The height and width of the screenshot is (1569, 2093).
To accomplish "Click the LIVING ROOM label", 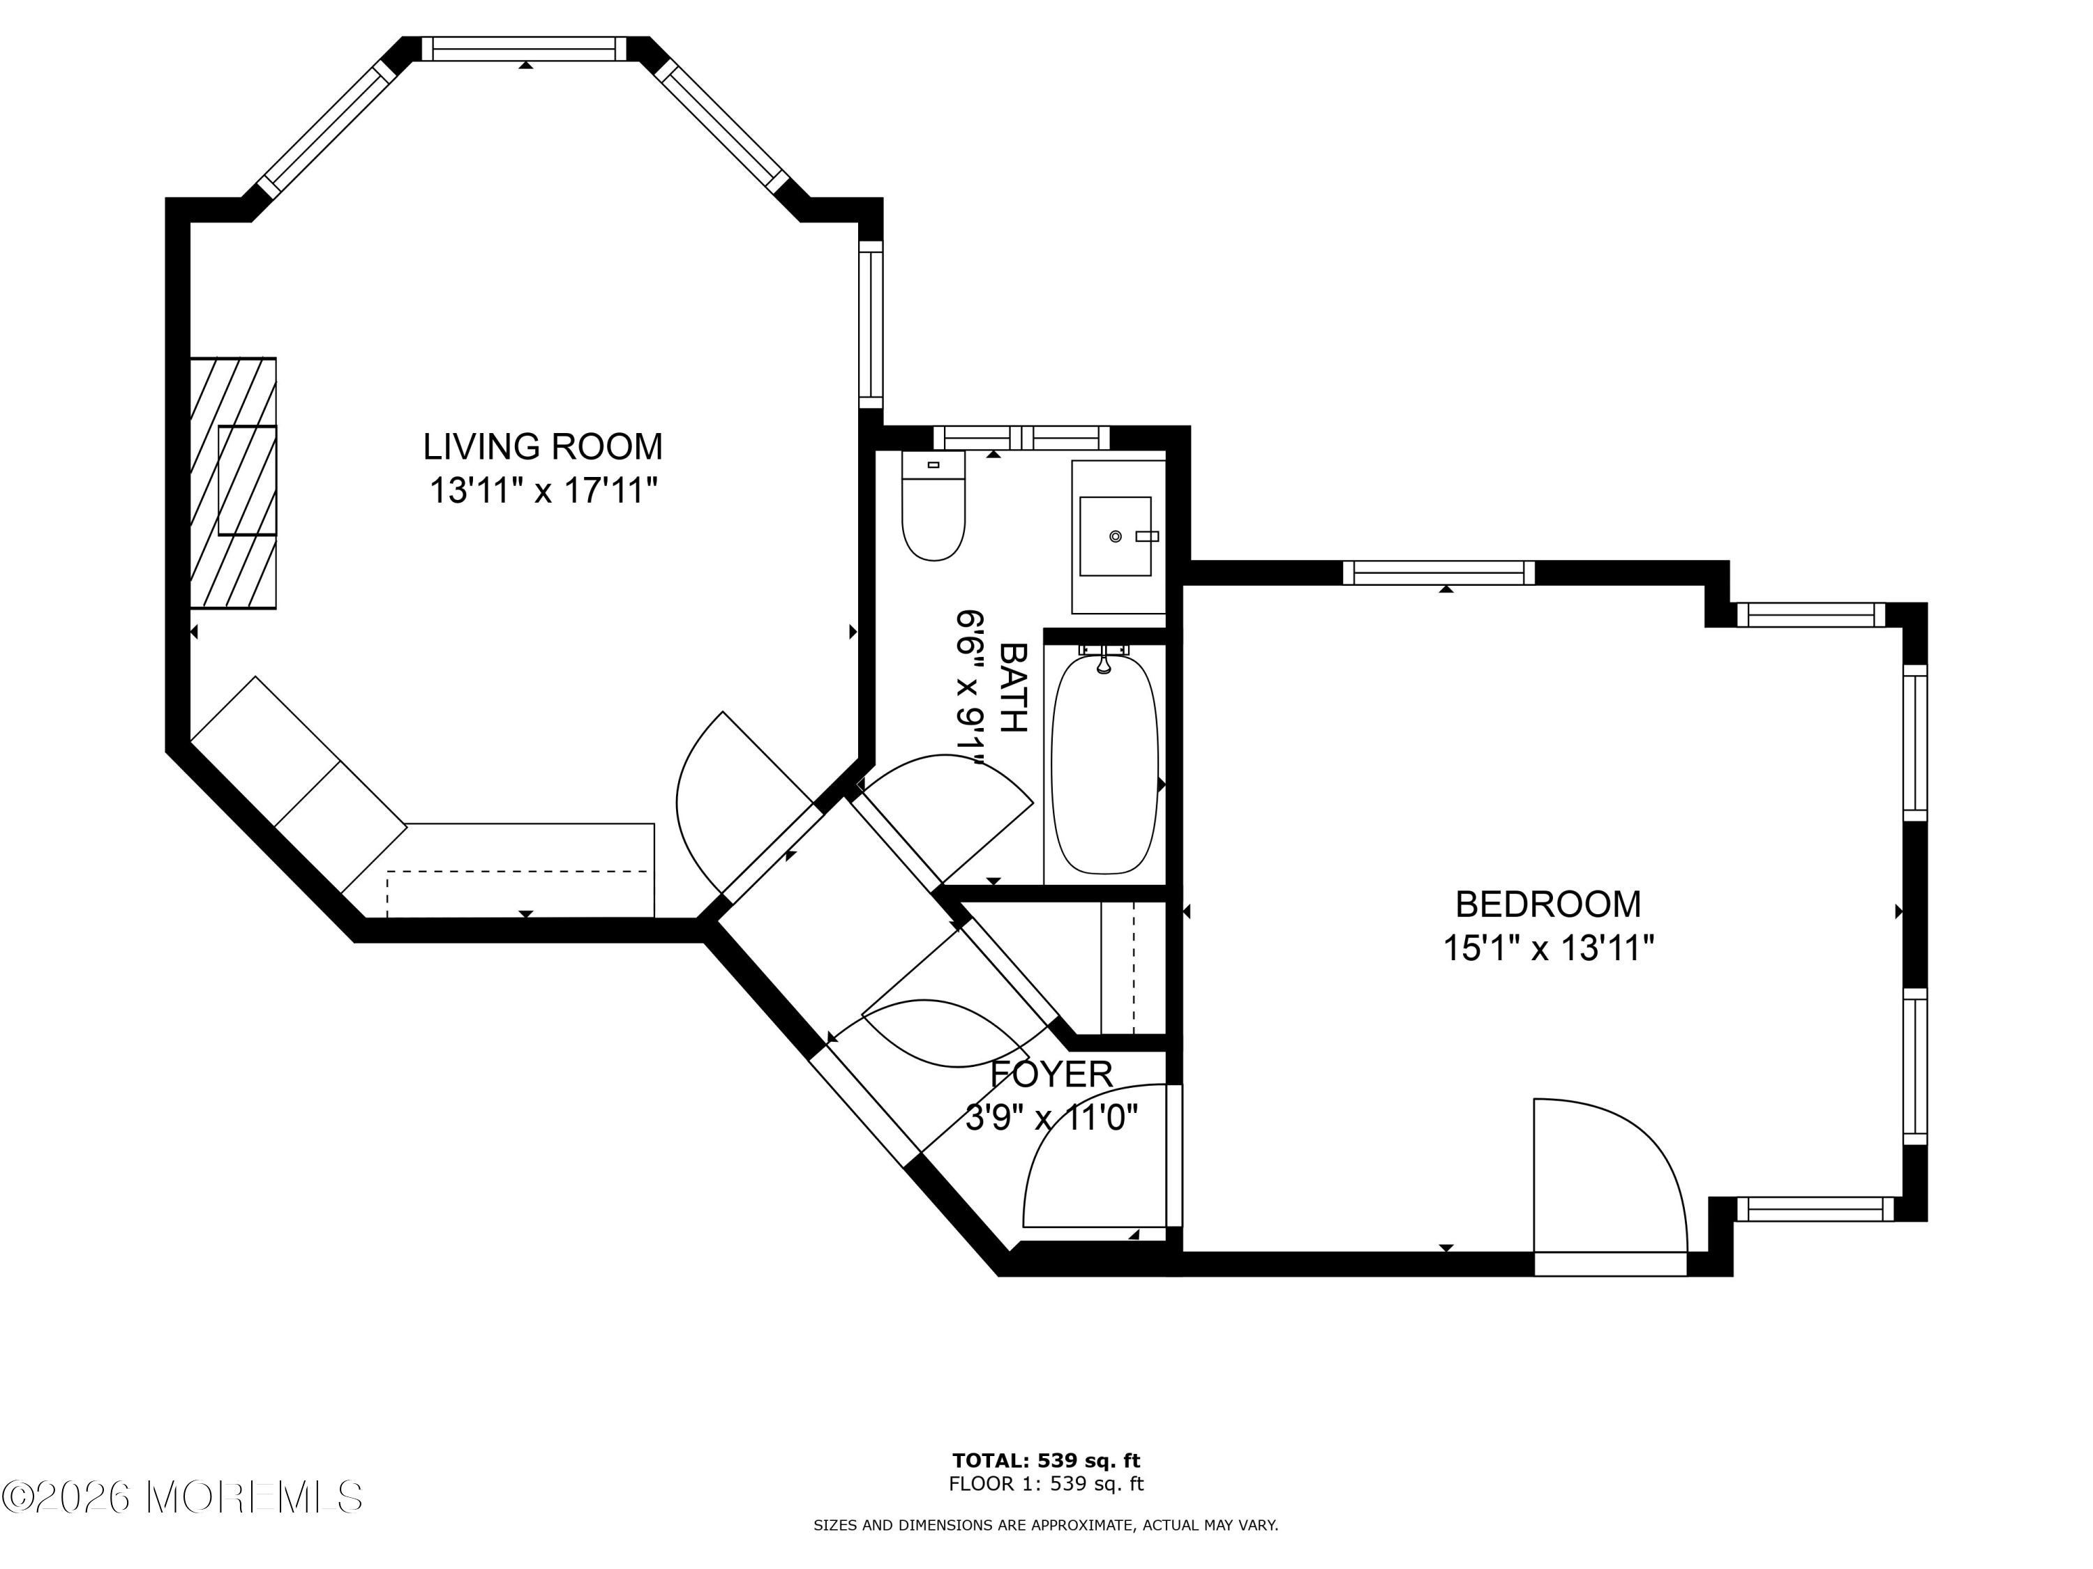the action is coord(542,446).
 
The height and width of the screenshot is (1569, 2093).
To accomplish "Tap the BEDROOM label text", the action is coord(1548,905).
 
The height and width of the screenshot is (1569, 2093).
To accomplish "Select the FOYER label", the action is coord(1051,1075).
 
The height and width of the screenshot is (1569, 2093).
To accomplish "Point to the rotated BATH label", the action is coord(1014,688).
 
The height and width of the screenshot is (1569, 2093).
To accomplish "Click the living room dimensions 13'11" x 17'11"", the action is coord(543,491).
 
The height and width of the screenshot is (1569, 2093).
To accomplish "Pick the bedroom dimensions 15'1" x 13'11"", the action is coord(1548,948).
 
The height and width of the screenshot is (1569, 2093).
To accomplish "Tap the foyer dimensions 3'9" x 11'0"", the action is coord(1051,1119).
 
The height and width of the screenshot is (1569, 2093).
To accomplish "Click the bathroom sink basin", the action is coord(1116,536).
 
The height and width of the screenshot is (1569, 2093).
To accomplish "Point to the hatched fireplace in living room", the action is coord(233,483).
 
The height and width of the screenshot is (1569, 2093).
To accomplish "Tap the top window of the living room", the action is coord(524,50).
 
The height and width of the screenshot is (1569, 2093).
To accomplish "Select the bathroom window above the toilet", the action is coord(1021,438).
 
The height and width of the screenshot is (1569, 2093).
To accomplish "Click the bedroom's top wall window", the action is coord(1438,573).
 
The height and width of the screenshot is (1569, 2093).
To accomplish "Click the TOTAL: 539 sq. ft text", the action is coord(1046,1461).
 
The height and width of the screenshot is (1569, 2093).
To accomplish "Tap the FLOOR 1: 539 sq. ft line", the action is coord(1046,1484).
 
